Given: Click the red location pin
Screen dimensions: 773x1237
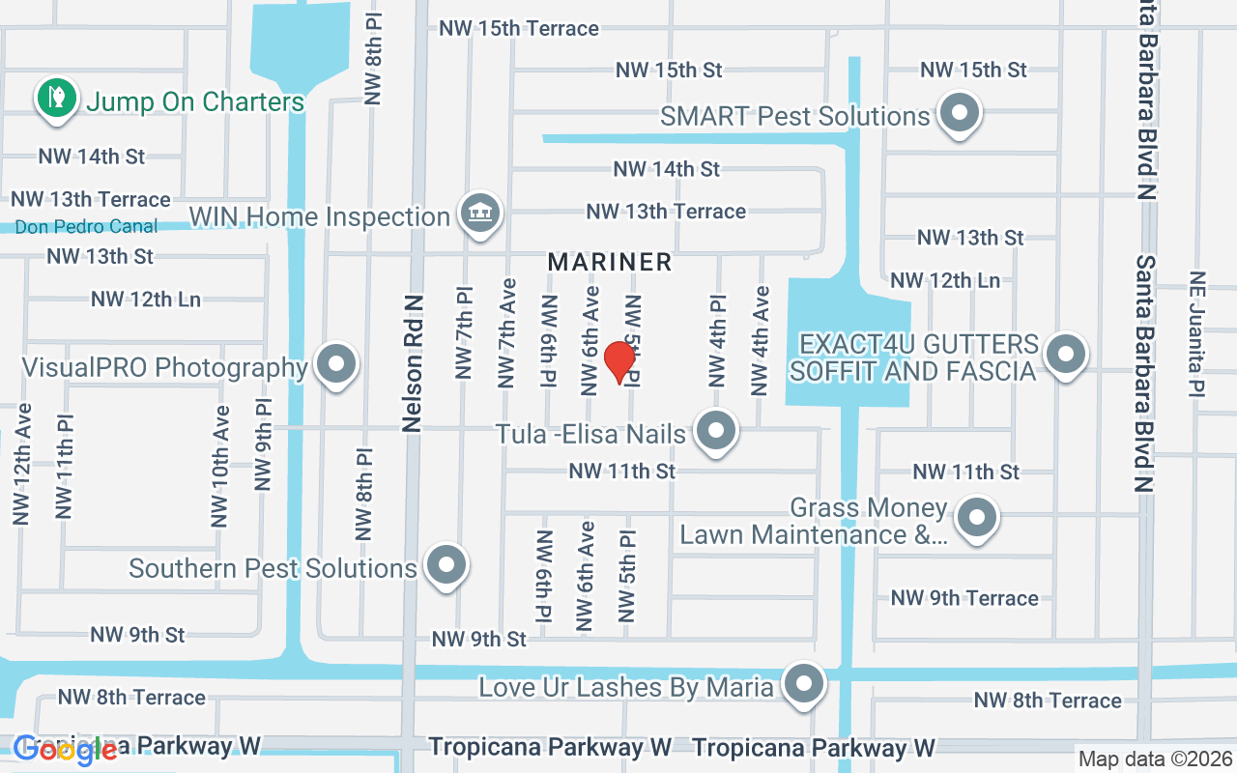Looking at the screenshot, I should pyautogui.click(x=619, y=362).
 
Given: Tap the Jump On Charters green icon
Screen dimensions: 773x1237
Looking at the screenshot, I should pyautogui.click(x=57, y=99).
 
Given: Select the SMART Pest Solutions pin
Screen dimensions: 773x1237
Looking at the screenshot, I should pyautogui.click(x=960, y=113).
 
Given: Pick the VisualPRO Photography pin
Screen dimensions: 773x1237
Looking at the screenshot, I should pyautogui.click(x=336, y=365).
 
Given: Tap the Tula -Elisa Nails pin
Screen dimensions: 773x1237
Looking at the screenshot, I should pyautogui.click(x=715, y=431).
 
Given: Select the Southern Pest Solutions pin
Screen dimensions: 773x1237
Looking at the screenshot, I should pyautogui.click(x=446, y=565).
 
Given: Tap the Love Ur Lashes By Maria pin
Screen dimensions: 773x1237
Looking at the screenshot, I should pyautogui.click(x=803, y=684).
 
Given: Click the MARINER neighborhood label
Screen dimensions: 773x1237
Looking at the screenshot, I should pyautogui.click(x=610, y=262).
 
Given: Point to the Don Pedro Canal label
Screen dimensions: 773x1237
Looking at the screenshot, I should pyautogui.click(x=87, y=227).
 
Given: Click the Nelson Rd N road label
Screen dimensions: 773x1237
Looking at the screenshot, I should pyautogui.click(x=415, y=363).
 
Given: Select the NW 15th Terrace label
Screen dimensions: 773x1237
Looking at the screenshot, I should pyautogui.click(x=519, y=29).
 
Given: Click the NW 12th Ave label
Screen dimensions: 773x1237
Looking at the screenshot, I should pyautogui.click(x=22, y=464).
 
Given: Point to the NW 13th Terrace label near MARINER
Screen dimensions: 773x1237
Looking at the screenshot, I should pyautogui.click(x=666, y=211).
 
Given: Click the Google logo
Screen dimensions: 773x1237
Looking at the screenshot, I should pyautogui.click(x=66, y=750).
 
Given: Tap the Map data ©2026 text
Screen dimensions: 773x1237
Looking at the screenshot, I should pyautogui.click(x=1155, y=759).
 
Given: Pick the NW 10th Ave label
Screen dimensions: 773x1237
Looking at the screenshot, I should pyautogui.click(x=220, y=466).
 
